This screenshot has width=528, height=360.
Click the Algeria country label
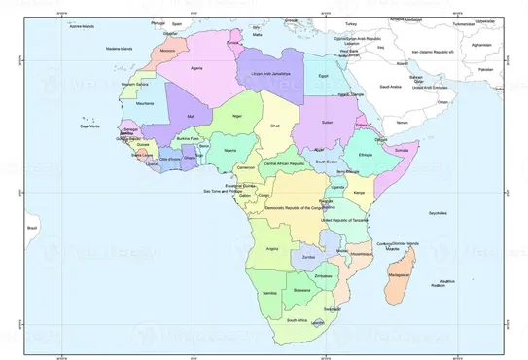197,69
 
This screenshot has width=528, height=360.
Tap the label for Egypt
325,75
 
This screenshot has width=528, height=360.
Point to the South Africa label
297,319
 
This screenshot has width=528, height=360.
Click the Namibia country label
270,293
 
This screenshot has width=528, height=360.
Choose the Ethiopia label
366,155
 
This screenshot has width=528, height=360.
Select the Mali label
192,117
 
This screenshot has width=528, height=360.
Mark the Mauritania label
146,102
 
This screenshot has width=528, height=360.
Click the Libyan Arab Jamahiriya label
271,74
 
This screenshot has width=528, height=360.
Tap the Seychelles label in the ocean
438,211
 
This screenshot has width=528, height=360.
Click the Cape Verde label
90,126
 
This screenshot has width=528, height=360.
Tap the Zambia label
310,255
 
